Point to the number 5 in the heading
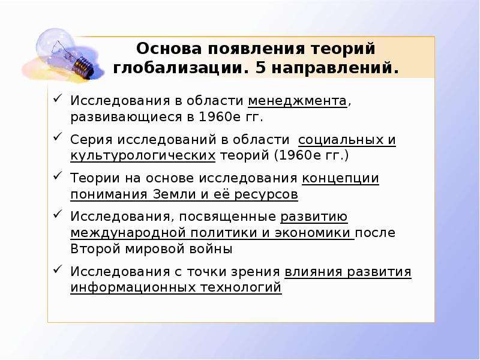260,68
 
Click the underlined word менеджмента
297,101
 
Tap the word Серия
91,140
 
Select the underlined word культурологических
143,156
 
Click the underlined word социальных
340,140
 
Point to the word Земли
173,194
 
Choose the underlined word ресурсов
266,195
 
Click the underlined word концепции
340,179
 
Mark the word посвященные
227,217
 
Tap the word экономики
312,233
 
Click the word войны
211,249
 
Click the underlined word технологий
241,288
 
